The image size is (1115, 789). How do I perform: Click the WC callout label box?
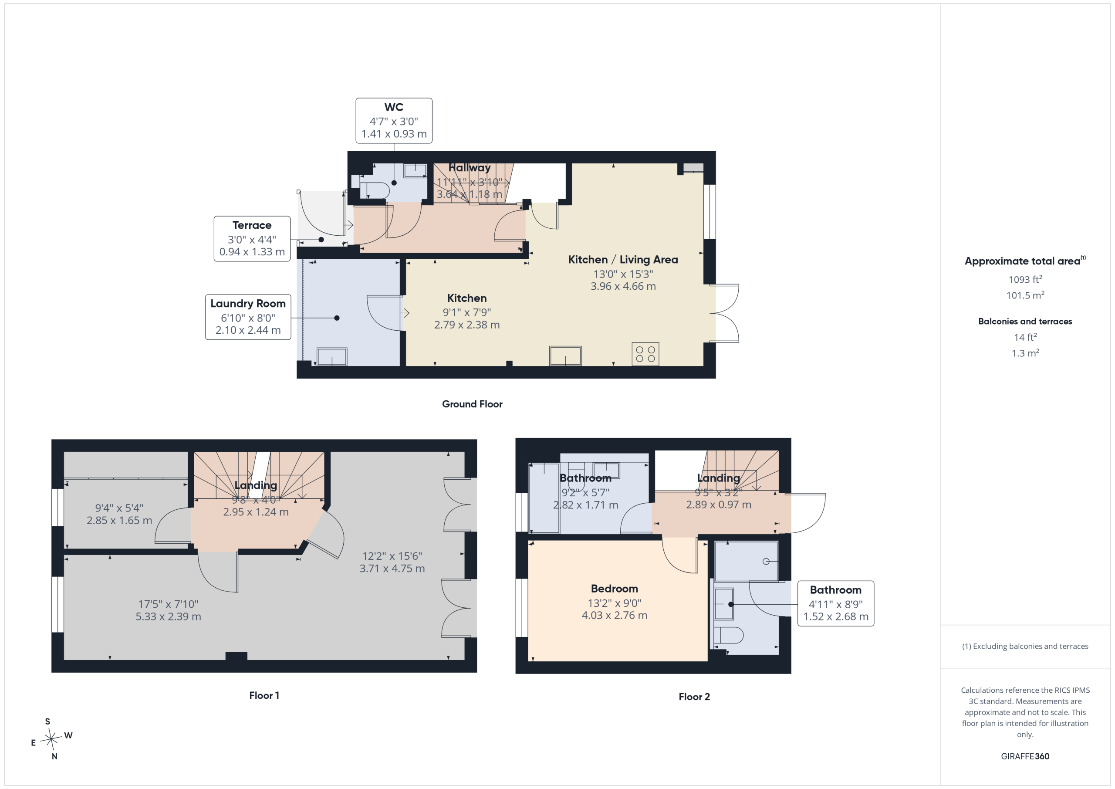pos(394,121)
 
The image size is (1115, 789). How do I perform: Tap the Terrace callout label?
pos(252,239)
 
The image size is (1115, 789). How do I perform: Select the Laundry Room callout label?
pos(248,317)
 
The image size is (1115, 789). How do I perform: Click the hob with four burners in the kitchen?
pos(645,354)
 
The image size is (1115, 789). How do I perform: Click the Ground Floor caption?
pos(472,404)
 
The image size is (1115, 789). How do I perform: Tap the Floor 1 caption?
pos(264,695)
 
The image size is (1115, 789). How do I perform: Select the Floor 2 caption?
pos(694,697)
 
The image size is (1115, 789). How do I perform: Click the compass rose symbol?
pos(51,739)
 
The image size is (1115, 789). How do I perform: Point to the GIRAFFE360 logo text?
pos(1025,756)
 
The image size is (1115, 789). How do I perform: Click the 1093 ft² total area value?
pos(1025,279)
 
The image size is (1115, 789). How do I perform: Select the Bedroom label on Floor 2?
pos(614,589)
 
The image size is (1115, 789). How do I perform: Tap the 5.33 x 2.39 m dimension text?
pos(168,616)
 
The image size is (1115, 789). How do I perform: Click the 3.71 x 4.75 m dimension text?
pos(392,569)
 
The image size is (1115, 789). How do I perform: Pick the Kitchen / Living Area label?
pos(623,260)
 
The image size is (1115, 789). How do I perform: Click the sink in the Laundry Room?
pos(332,357)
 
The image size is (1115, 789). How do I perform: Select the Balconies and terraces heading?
pos(1025,322)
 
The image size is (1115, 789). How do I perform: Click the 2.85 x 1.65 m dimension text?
pos(119,520)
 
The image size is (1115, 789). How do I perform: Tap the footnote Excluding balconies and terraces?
pos(1025,646)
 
